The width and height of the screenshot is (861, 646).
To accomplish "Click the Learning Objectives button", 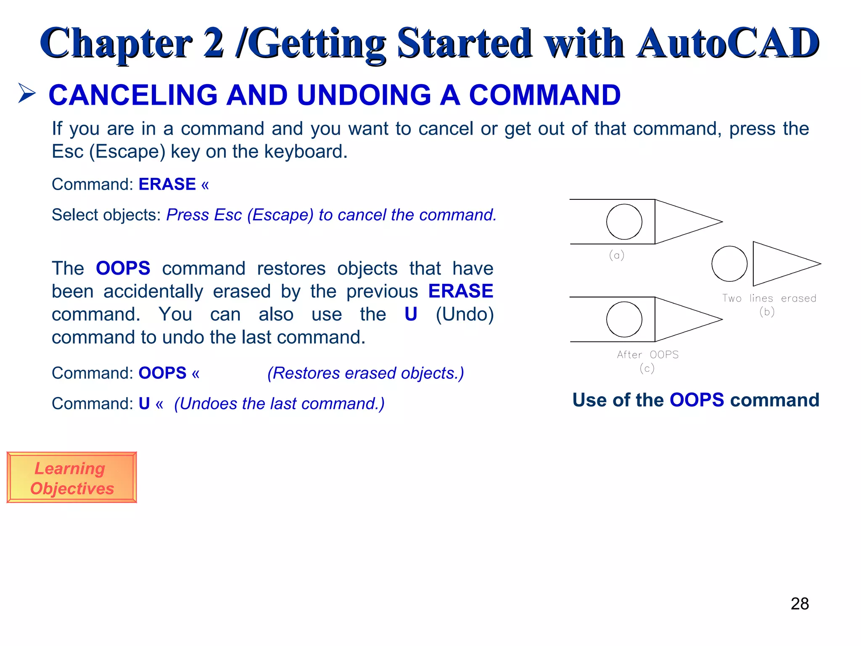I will coord(71,478).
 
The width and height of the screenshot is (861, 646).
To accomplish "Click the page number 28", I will coord(799,604).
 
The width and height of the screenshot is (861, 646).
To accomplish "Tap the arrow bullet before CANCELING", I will coord(27,93).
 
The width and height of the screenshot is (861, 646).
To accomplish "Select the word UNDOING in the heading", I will coord(364,95).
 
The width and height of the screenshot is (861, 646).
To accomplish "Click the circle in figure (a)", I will coord(624,222).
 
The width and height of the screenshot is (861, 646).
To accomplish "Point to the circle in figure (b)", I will coord(729,264).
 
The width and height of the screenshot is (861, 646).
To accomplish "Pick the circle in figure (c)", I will coord(624,320).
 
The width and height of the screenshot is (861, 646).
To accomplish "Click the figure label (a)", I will coord(616,255).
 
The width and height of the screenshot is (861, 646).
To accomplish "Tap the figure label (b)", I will coord(767,312).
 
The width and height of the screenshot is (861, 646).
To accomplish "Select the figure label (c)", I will coord(647,368).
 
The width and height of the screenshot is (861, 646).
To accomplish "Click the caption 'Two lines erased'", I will coord(769,298).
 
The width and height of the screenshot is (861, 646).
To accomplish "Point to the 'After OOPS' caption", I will coord(647,355).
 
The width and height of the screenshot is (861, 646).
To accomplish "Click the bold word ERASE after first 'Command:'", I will coord(167,184).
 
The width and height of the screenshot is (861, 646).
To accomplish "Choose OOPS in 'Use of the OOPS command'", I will coord(697,400).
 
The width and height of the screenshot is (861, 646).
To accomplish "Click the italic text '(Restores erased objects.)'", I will coord(365,373).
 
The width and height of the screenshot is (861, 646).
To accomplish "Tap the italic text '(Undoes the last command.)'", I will coord(279,404).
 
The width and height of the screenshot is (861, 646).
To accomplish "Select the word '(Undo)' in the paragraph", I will coord(464,314).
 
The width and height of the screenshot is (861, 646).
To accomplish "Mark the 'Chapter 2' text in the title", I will coord(132,43).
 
